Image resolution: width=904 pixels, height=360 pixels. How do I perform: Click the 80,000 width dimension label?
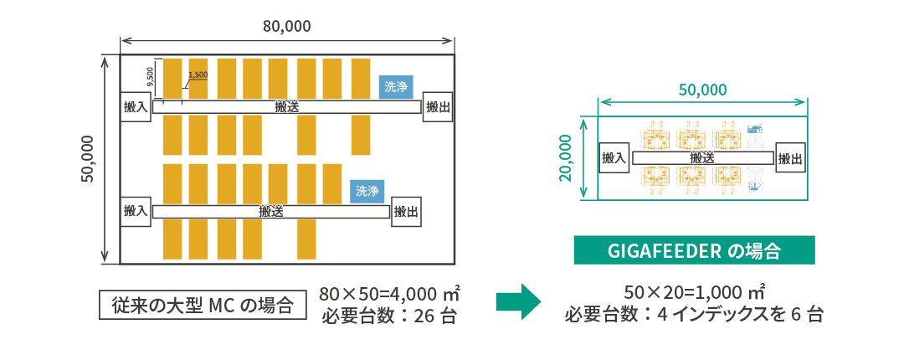[287, 26]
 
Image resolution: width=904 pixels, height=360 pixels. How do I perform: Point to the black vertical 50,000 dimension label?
[90, 160]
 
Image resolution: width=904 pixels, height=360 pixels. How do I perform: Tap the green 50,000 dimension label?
[702, 90]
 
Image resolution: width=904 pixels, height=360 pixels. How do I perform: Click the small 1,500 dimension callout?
[198, 75]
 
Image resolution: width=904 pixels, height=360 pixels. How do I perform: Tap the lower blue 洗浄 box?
[367, 191]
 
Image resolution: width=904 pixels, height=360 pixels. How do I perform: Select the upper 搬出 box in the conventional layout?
[437, 106]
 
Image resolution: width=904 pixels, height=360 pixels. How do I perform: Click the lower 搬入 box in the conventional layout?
[135, 211]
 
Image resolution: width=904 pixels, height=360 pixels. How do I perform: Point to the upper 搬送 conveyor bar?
[287, 107]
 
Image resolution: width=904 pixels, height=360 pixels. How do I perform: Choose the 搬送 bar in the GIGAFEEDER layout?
[701, 157]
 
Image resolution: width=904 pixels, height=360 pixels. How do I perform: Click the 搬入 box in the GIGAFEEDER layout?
[614, 157]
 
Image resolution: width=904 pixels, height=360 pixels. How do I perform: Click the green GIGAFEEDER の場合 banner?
[694, 250]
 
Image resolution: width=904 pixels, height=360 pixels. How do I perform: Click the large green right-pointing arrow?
[519, 301]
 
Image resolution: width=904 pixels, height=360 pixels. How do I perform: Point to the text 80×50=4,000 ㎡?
[390, 295]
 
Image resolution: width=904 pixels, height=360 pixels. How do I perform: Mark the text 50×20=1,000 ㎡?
[696, 292]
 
